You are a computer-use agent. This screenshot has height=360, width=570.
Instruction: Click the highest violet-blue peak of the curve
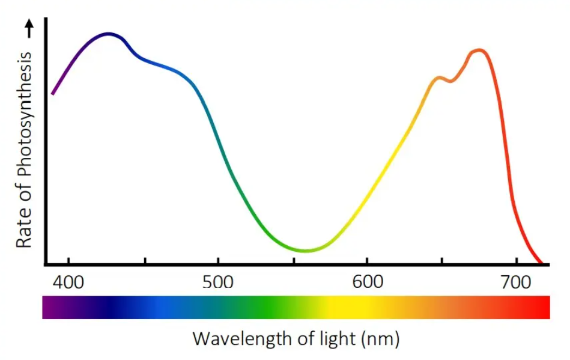coord(109,34)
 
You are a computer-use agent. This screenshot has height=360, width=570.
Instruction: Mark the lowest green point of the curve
coord(306,251)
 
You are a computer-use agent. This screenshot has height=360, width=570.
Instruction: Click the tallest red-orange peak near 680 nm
coord(479,50)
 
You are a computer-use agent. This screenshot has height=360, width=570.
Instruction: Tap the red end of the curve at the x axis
coord(541,262)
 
